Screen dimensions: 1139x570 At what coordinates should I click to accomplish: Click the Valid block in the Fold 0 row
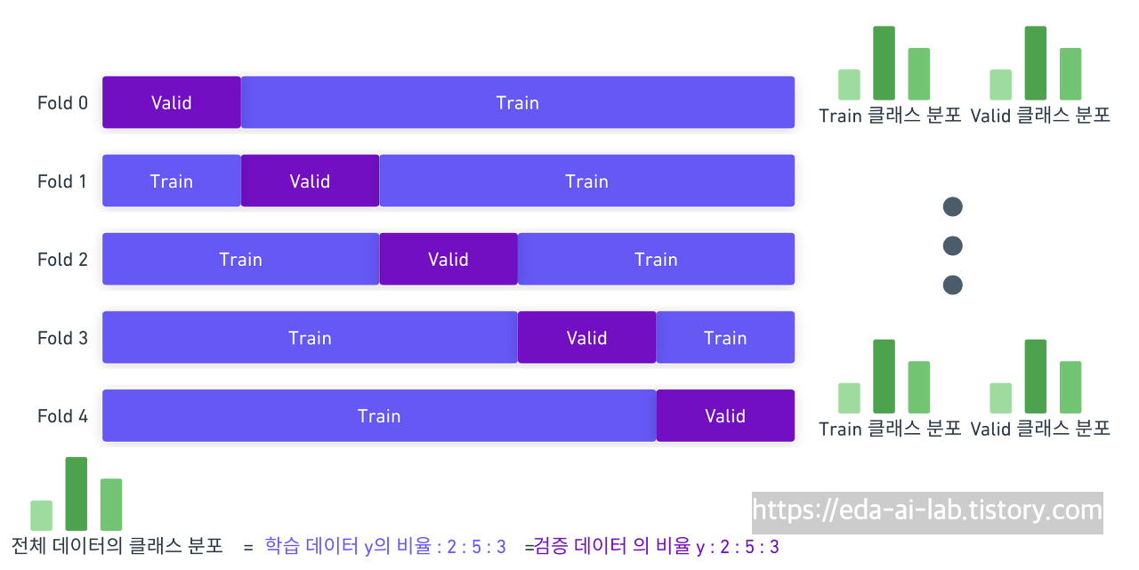click(171, 102)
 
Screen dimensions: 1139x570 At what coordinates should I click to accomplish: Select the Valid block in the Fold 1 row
click(310, 181)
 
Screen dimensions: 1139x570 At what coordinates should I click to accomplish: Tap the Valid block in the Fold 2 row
click(448, 259)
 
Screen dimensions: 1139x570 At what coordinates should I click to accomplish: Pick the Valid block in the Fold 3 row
click(586, 337)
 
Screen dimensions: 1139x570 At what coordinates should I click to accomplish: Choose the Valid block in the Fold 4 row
click(725, 415)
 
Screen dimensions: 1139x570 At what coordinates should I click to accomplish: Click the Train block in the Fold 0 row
click(518, 102)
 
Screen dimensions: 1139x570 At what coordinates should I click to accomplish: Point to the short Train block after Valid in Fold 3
click(725, 337)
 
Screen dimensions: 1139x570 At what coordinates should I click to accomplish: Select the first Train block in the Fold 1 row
click(171, 181)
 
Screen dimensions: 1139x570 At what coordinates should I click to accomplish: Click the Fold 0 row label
click(63, 102)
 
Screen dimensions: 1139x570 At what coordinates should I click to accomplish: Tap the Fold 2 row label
click(63, 259)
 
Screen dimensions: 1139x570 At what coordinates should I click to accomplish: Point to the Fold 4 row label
click(63, 415)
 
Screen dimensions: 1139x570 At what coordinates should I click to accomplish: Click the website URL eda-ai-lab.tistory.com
click(926, 510)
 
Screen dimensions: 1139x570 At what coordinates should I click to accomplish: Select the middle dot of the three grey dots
click(952, 245)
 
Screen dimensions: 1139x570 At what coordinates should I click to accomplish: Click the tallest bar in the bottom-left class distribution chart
click(76, 494)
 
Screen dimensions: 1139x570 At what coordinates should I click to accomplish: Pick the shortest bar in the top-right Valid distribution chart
click(1001, 84)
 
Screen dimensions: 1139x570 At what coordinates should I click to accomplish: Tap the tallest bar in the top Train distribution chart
click(884, 62)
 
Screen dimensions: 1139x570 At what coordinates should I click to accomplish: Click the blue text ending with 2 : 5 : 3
click(385, 546)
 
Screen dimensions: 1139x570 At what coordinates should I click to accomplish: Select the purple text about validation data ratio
click(657, 546)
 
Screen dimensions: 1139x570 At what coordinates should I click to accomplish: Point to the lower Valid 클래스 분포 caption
click(1039, 429)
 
